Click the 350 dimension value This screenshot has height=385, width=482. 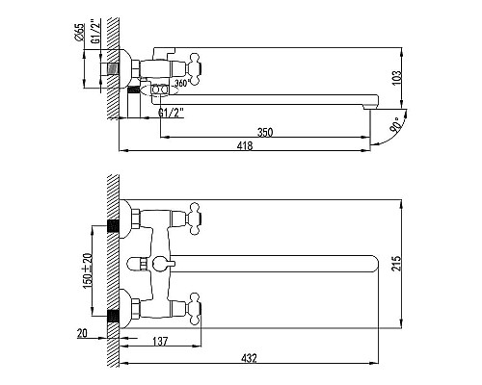point(265,132)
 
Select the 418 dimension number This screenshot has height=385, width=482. point(245,146)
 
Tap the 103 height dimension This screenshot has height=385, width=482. point(397,78)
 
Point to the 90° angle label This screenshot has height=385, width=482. point(395,125)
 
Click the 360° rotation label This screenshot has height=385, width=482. point(180,83)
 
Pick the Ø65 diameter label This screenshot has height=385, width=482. point(79,32)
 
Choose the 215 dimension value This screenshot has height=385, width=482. point(397,264)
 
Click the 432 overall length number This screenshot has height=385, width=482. point(249,358)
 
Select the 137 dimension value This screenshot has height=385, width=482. point(160,341)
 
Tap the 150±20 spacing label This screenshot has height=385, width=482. point(88,270)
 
